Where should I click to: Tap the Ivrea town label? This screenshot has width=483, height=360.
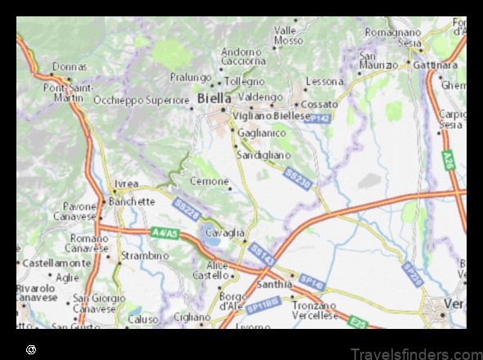(x=126, y=183)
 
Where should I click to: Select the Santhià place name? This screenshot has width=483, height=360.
(x=274, y=284)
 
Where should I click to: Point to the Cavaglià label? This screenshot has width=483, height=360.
(x=224, y=232)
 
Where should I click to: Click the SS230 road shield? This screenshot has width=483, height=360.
(x=298, y=178)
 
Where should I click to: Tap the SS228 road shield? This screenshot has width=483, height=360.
(x=187, y=209)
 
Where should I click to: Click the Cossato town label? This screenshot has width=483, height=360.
(x=319, y=104)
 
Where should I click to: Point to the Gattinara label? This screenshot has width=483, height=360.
(x=435, y=64)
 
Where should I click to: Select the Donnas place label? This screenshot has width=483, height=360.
(x=70, y=66)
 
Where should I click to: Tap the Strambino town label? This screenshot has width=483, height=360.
(x=144, y=255)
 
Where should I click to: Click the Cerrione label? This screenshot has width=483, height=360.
(x=209, y=181)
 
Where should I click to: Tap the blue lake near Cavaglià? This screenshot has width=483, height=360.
(x=210, y=242)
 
